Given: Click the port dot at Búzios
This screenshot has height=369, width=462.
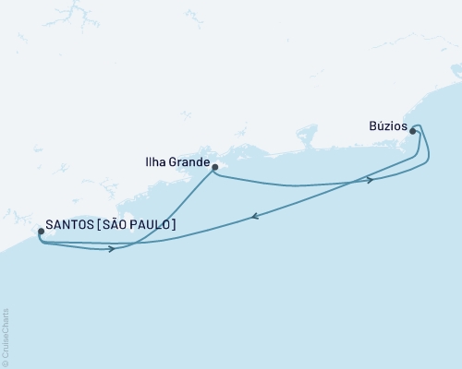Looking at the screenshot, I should [412, 131].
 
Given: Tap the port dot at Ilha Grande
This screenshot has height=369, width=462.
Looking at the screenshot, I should [214, 167].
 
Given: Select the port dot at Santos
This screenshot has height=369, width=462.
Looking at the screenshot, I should [40, 232].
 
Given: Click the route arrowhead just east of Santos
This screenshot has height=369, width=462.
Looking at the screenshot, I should [112, 248].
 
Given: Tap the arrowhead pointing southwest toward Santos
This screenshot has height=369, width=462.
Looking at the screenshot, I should [253, 218].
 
